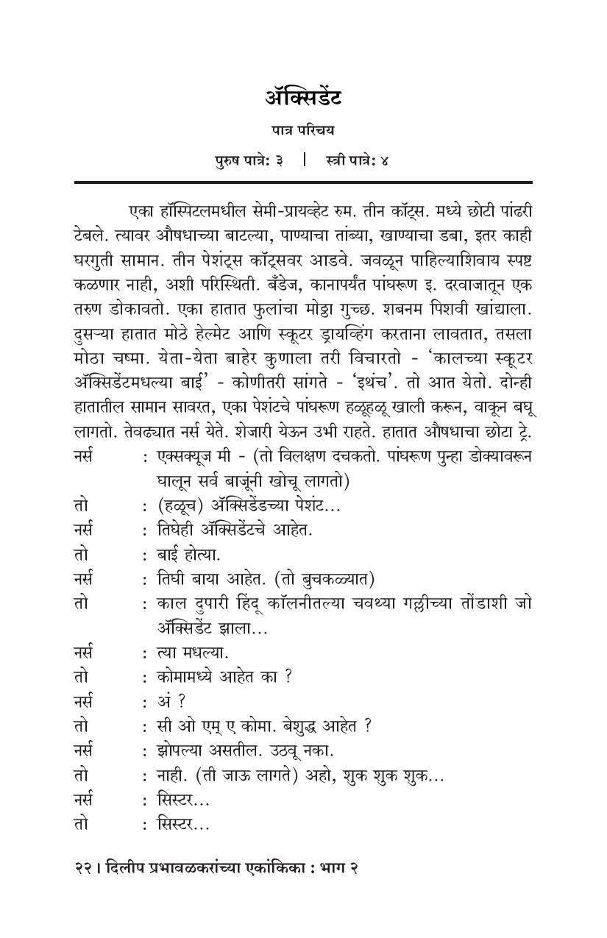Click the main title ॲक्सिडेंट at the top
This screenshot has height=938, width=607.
tap(302, 98)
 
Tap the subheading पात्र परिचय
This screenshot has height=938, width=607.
tap(302, 130)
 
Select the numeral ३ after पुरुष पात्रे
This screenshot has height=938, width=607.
tap(280, 160)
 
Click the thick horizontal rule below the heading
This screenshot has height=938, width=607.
tap(302, 181)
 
